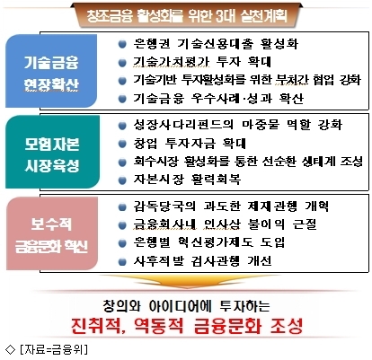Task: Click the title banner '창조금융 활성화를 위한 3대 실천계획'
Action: (x=187, y=15)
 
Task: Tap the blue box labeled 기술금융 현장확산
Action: (x=51, y=71)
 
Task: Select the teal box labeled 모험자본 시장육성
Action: (x=52, y=152)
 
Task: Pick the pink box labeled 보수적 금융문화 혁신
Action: (x=52, y=233)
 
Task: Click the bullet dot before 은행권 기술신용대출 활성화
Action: (x=122, y=44)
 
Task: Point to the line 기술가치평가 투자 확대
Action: (x=202, y=62)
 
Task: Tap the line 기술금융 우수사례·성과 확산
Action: (x=218, y=98)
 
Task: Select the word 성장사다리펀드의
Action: (x=183, y=125)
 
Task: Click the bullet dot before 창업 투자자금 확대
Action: (x=122, y=144)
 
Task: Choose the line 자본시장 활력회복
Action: (x=187, y=180)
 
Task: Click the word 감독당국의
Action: (x=164, y=206)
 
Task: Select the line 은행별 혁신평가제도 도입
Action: (x=209, y=242)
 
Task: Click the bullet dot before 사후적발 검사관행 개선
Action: (x=122, y=262)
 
